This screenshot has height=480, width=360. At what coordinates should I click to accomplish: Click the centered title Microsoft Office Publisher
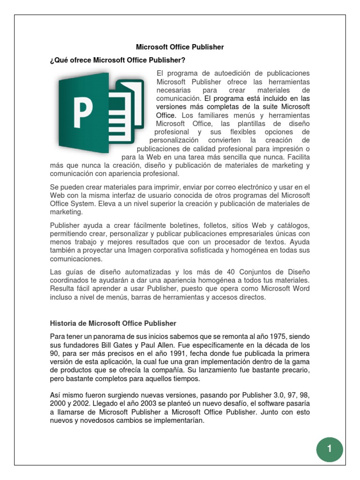(x=180, y=47)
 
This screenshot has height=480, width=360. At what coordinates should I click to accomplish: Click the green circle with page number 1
(x=330, y=449)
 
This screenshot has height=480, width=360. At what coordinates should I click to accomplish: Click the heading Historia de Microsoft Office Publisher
(x=113, y=323)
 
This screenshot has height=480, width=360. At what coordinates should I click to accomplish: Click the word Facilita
(x=296, y=157)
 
